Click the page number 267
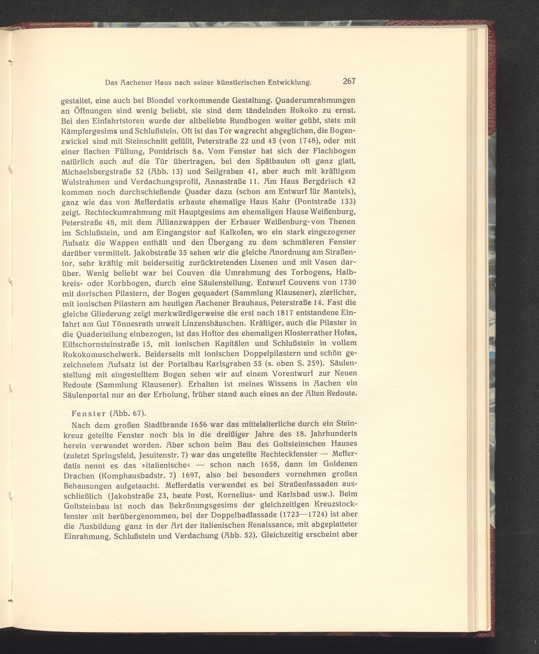[349, 81]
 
